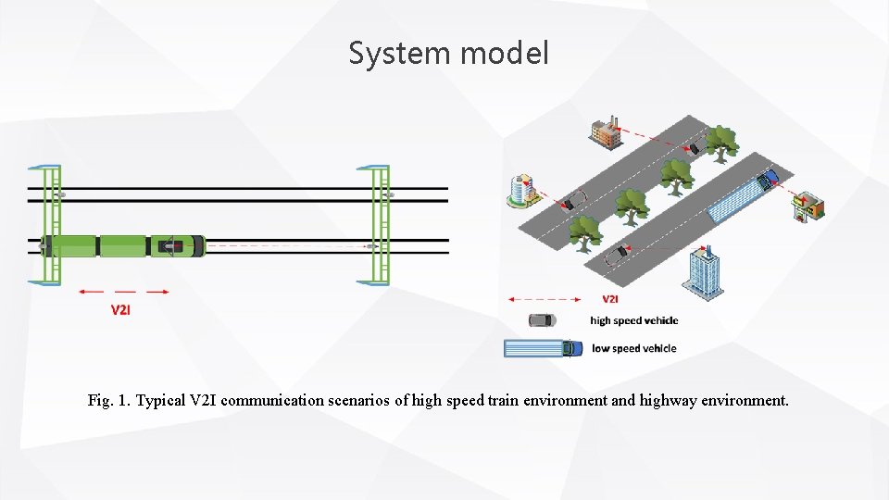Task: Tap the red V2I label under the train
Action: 121,310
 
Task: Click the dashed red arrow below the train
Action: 124,292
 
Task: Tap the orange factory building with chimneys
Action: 606,132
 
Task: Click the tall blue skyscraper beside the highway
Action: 703,272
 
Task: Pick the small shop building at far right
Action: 809,207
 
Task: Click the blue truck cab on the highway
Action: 767,180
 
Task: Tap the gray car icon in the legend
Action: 542,320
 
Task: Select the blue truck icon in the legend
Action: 544,348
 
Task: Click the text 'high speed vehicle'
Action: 634,321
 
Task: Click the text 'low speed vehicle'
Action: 633,349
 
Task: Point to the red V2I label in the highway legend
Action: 611,299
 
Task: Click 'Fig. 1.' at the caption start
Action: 109,401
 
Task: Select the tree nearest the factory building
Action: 720,143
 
